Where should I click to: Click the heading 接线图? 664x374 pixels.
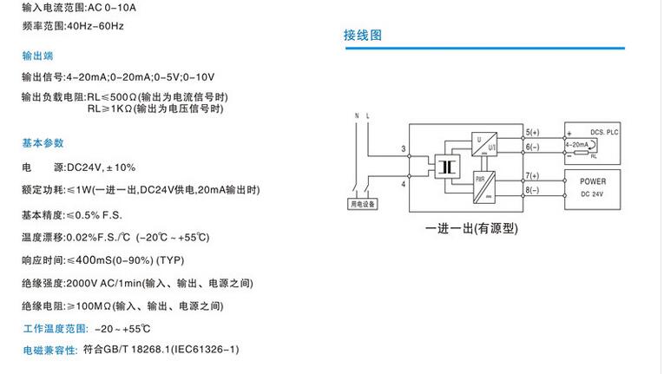pos(363,36)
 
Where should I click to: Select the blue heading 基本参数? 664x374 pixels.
pos(43,143)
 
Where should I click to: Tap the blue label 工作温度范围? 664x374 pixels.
pos(56,329)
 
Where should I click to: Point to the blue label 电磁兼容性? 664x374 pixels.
pos(50,350)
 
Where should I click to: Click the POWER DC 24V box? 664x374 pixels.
pos(590,187)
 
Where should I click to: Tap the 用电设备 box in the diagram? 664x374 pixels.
pos(362,205)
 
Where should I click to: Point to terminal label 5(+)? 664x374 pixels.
pos(532,131)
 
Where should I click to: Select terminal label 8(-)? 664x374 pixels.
pos(532,189)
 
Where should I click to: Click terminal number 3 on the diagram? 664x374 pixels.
pos(404,150)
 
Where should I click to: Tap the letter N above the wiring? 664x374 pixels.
pos(356,115)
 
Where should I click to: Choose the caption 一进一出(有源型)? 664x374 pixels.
pos(471,229)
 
